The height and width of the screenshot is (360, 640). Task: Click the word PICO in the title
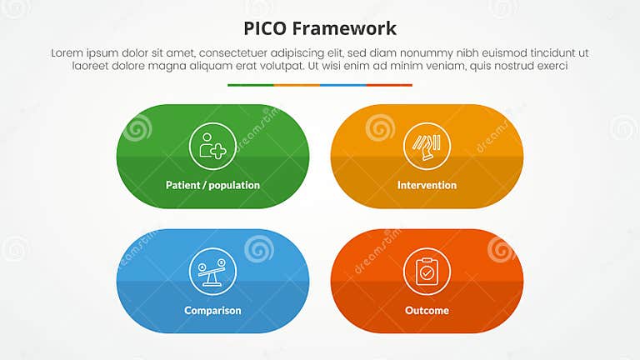[264, 29]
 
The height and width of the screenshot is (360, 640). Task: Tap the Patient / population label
[212, 185]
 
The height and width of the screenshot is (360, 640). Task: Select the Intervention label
[427, 185]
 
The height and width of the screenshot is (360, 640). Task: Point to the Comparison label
[212, 310]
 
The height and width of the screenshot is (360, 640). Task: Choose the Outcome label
[427, 310]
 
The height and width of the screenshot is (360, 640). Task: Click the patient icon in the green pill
[212, 147]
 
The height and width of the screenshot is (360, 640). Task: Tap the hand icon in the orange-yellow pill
[427, 147]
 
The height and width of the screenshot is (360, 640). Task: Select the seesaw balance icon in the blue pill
[212, 272]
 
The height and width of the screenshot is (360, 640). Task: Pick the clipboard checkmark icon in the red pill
[427, 272]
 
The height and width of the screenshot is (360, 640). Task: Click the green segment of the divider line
[250, 85]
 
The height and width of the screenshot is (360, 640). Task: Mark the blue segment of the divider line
[342, 85]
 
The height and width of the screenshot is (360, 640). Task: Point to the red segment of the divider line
[389, 85]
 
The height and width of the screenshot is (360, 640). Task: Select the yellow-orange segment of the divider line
[297, 85]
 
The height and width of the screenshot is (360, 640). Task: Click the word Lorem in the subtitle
[67, 52]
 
